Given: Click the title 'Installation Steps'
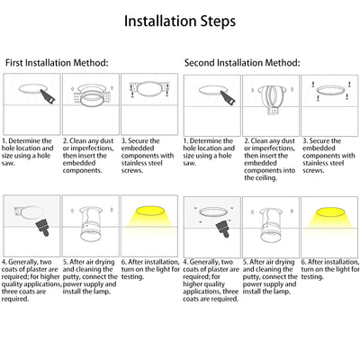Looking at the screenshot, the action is point(180,22).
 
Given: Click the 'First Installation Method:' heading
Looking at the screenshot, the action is point(57,63).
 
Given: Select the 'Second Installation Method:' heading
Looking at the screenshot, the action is point(242,63).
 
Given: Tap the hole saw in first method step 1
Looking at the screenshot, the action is point(48,96).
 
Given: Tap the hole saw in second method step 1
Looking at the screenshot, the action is point(228,97).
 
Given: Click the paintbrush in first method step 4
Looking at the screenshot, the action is point(42,227).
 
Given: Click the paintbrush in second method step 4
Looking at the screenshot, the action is point(223,228).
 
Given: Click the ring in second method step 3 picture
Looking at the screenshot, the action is point(330,90).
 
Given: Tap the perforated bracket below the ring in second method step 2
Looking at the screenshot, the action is point(273,112).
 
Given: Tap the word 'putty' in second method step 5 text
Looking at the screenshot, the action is point(251,277).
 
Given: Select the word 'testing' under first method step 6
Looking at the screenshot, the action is point(132,277).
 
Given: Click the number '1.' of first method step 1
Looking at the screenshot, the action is point(4,141).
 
